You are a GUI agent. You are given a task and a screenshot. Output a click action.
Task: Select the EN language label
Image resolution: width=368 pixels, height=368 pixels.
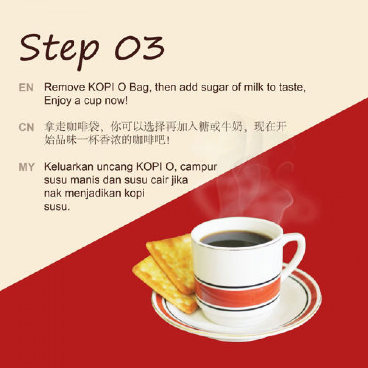pos(26,88)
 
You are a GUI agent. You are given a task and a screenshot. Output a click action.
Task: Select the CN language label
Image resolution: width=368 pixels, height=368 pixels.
pos(26,127)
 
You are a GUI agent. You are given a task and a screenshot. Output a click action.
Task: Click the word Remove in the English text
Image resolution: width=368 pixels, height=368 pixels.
pos(65,88)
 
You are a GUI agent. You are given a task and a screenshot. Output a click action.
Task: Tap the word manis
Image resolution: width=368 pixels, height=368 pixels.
pos(85,180)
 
